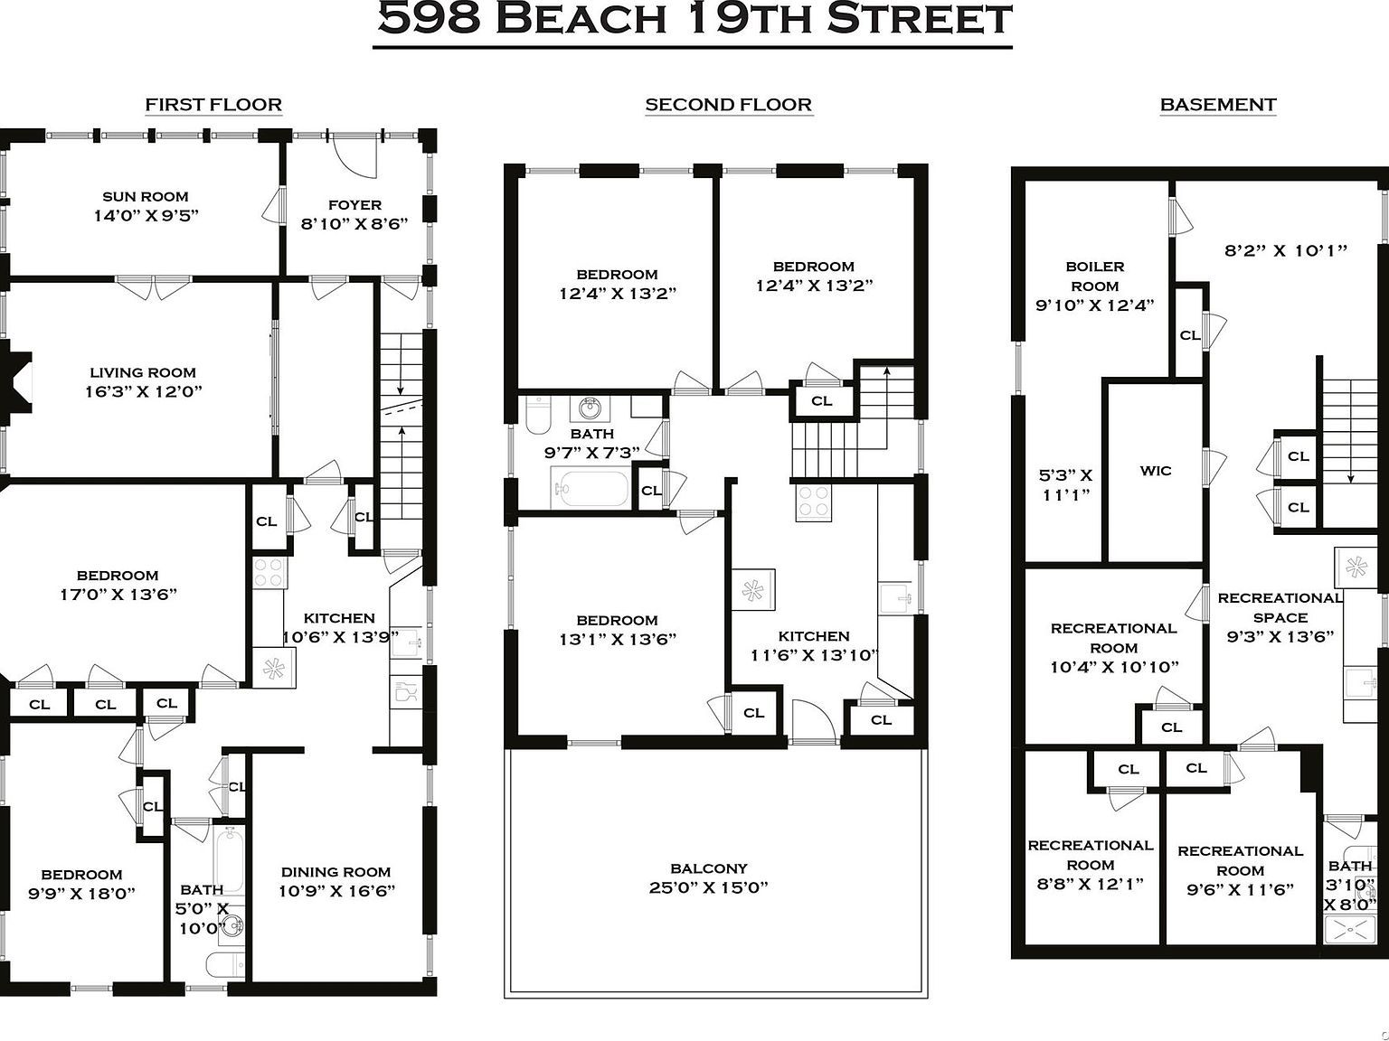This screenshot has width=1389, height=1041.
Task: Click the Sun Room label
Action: pos(145,196)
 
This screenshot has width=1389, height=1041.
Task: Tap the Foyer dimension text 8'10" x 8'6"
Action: pos(354,224)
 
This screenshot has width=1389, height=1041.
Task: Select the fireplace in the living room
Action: pos(16,380)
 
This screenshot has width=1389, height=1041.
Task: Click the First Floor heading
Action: pos(213,105)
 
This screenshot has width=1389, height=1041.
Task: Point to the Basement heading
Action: pos(1217,105)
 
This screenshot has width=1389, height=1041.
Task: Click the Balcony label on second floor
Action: pos(708,867)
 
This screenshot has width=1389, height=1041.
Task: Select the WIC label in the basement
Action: pos(1156,471)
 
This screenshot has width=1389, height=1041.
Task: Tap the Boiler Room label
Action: pos(1094,276)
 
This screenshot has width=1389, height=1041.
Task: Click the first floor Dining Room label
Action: pos(335,872)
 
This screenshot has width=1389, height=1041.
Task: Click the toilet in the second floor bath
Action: pos(537,416)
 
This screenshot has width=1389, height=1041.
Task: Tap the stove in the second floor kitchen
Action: pos(813,502)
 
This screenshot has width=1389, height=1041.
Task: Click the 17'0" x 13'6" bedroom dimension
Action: pos(118,595)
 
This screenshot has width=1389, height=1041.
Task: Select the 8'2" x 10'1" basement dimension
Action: pos(1285,251)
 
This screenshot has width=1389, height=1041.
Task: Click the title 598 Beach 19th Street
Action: pos(694,20)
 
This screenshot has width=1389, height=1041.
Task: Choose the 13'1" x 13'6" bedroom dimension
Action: pos(618,640)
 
